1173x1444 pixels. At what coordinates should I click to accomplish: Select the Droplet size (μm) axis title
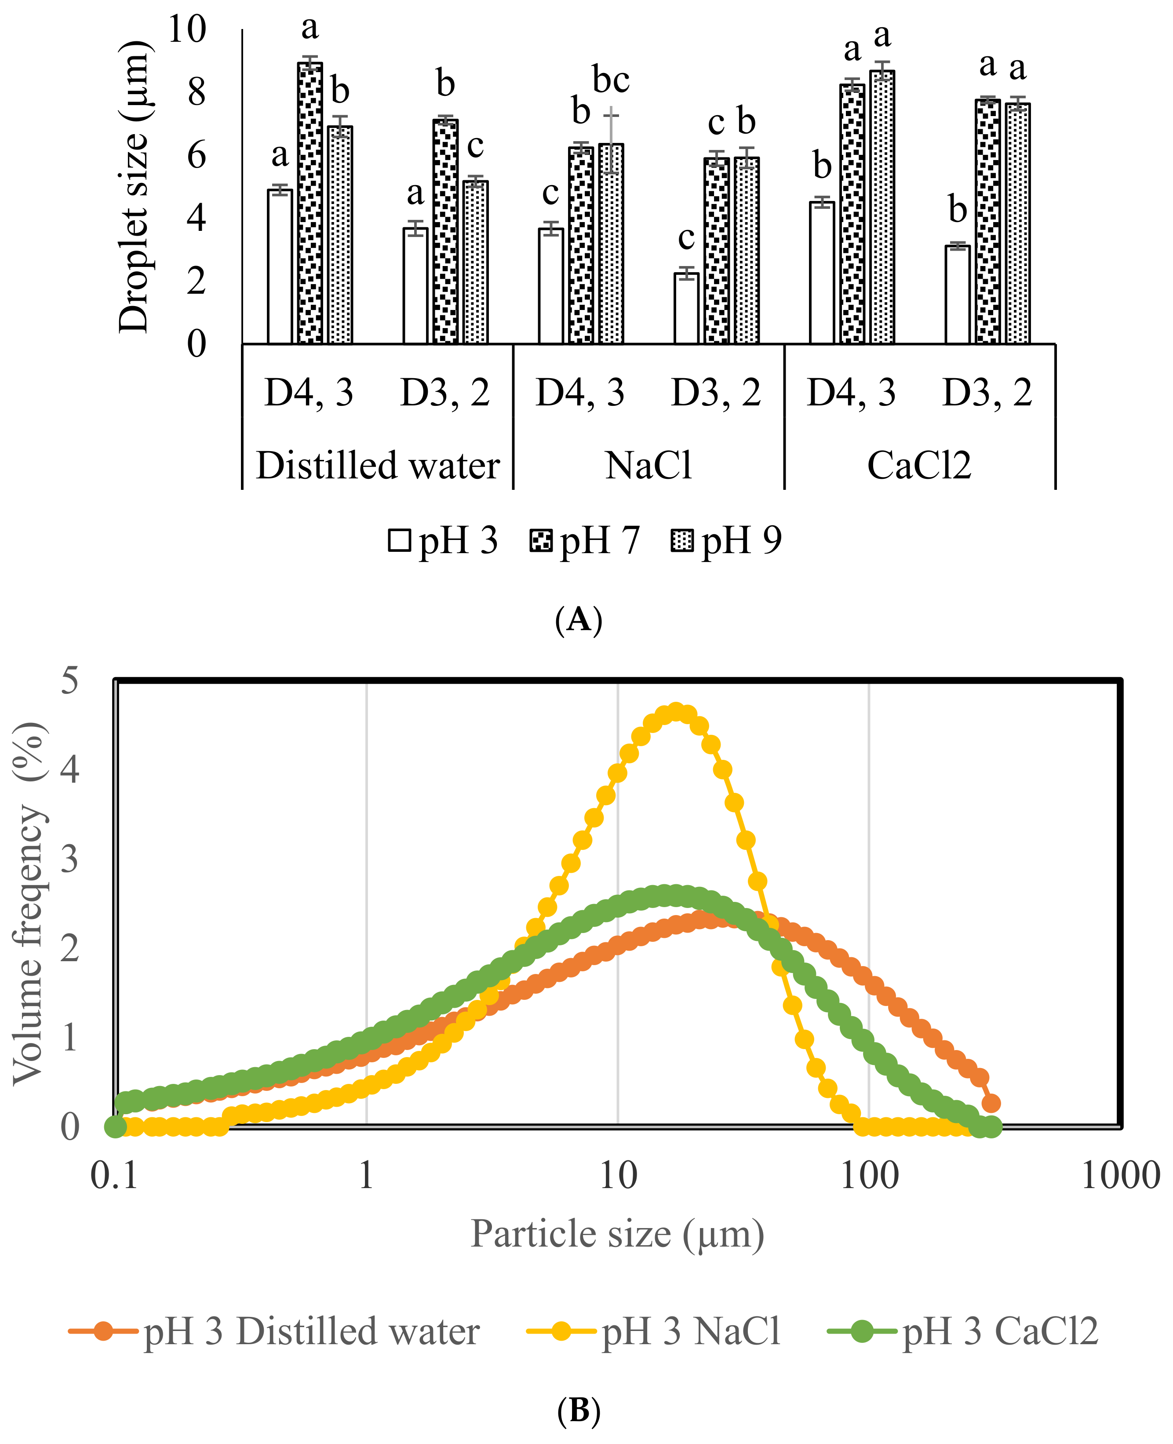[x=133, y=186]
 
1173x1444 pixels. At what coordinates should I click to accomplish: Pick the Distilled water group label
[x=378, y=466]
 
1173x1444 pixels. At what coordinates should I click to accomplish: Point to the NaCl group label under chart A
[x=648, y=466]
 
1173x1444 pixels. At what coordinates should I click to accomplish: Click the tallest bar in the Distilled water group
[x=310, y=203]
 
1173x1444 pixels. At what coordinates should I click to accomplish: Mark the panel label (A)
[x=579, y=619]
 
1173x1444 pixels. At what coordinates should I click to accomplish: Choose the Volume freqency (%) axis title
[x=29, y=903]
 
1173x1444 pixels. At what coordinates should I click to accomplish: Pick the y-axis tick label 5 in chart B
[x=69, y=680]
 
